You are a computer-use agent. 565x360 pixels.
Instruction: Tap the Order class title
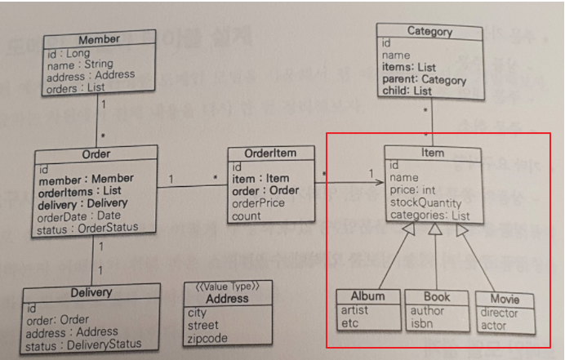click(x=96, y=153)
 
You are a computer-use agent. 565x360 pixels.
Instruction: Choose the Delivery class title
click(x=91, y=292)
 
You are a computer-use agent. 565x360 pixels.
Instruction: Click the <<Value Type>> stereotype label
click(x=226, y=287)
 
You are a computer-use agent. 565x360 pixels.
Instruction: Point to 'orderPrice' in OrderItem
click(x=258, y=203)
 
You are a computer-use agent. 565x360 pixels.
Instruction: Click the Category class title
click(x=429, y=32)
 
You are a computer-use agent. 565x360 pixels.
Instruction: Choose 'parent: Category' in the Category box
click(x=424, y=80)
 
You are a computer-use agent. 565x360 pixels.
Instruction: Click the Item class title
click(x=434, y=153)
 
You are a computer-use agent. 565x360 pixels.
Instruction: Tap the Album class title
click(x=367, y=296)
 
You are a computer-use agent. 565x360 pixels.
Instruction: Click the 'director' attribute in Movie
click(x=499, y=313)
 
